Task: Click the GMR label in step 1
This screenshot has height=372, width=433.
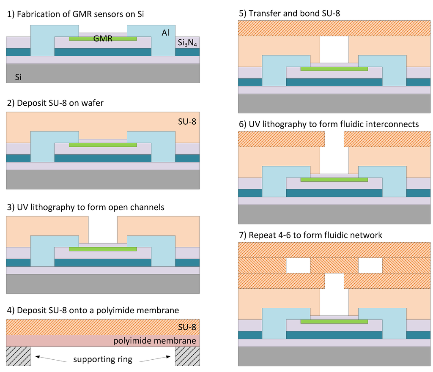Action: pyautogui.click(x=103, y=38)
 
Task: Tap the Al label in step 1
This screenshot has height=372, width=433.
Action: pyautogui.click(x=165, y=33)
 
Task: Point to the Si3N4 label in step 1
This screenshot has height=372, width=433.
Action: pyautogui.click(x=186, y=43)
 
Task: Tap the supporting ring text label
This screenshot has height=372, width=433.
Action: pyautogui.click(x=103, y=360)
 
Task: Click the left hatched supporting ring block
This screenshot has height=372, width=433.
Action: pyautogui.click(x=19, y=356)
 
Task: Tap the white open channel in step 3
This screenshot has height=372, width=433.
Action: pyautogui.click(x=103, y=230)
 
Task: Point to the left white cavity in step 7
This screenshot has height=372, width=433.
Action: pyautogui.click(x=298, y=265)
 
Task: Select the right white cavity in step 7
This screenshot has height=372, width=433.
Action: pyautogui.click(x=370, y=265)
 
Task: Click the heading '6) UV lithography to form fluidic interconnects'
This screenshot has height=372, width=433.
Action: pyautogui.click(x=329, y=124)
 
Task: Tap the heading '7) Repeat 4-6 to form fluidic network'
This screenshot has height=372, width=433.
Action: pyautogui.click(x=310, y=235)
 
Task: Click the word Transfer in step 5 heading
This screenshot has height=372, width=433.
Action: pyautogui.click(x=264, y=13)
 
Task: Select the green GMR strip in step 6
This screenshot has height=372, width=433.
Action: pyautogui.click(x=334, y=180)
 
